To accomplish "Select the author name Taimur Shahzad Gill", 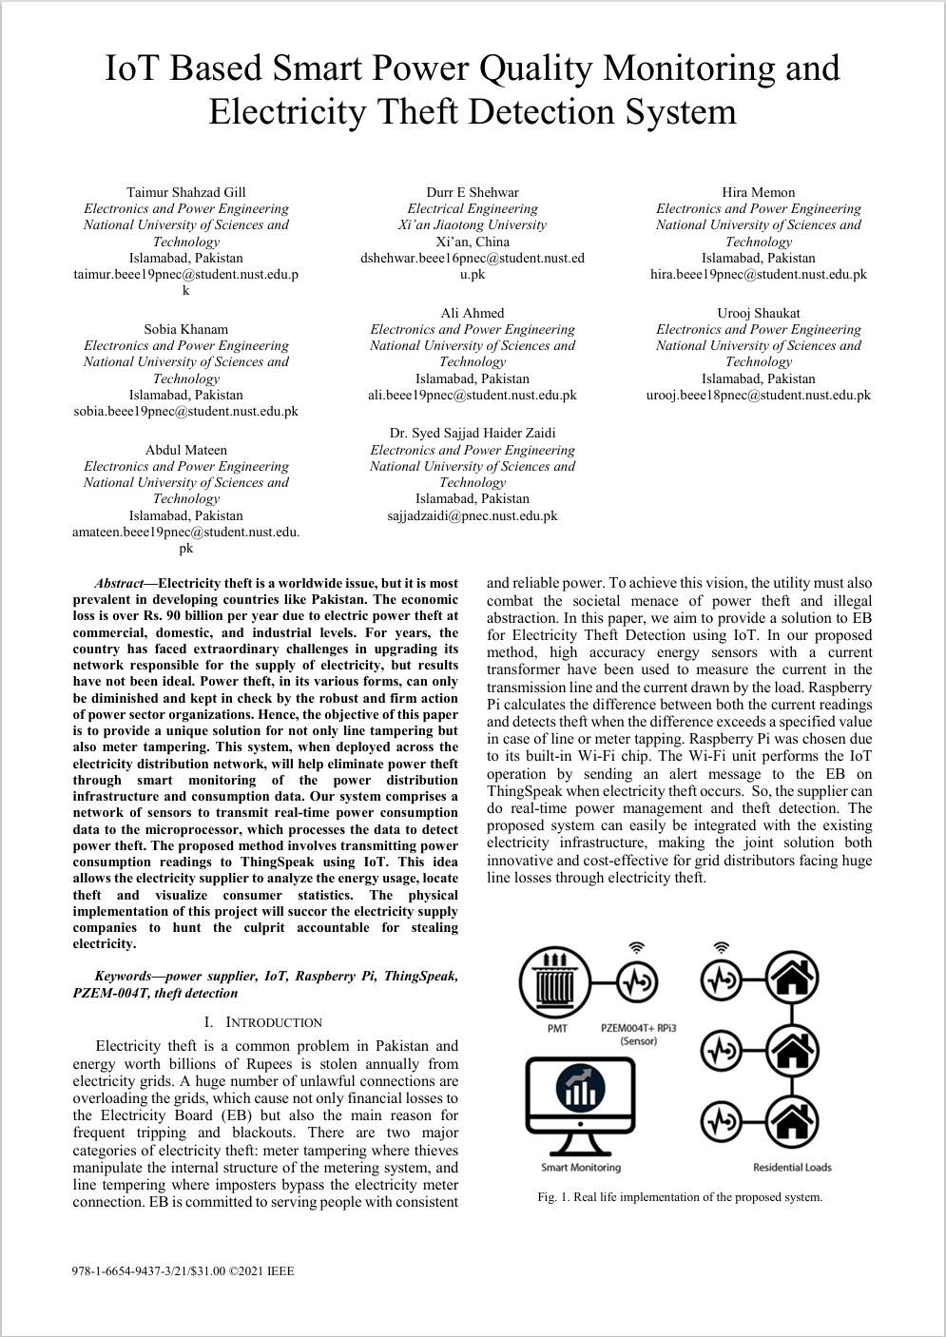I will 185,192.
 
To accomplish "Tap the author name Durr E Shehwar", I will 473,192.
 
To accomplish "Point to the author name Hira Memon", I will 758,192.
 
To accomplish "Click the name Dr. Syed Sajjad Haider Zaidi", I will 473,433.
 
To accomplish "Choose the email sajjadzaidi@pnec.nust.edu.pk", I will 473,515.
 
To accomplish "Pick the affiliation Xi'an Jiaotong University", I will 473,225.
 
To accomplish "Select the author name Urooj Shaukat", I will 758,313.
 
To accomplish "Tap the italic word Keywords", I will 123,977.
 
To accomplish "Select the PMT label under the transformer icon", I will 557,1028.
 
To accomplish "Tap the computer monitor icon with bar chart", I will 580,1103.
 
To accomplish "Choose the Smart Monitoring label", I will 580,1167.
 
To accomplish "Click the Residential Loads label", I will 792,1167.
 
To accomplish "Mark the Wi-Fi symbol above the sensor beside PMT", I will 637,947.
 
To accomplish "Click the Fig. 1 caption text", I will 679,1197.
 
